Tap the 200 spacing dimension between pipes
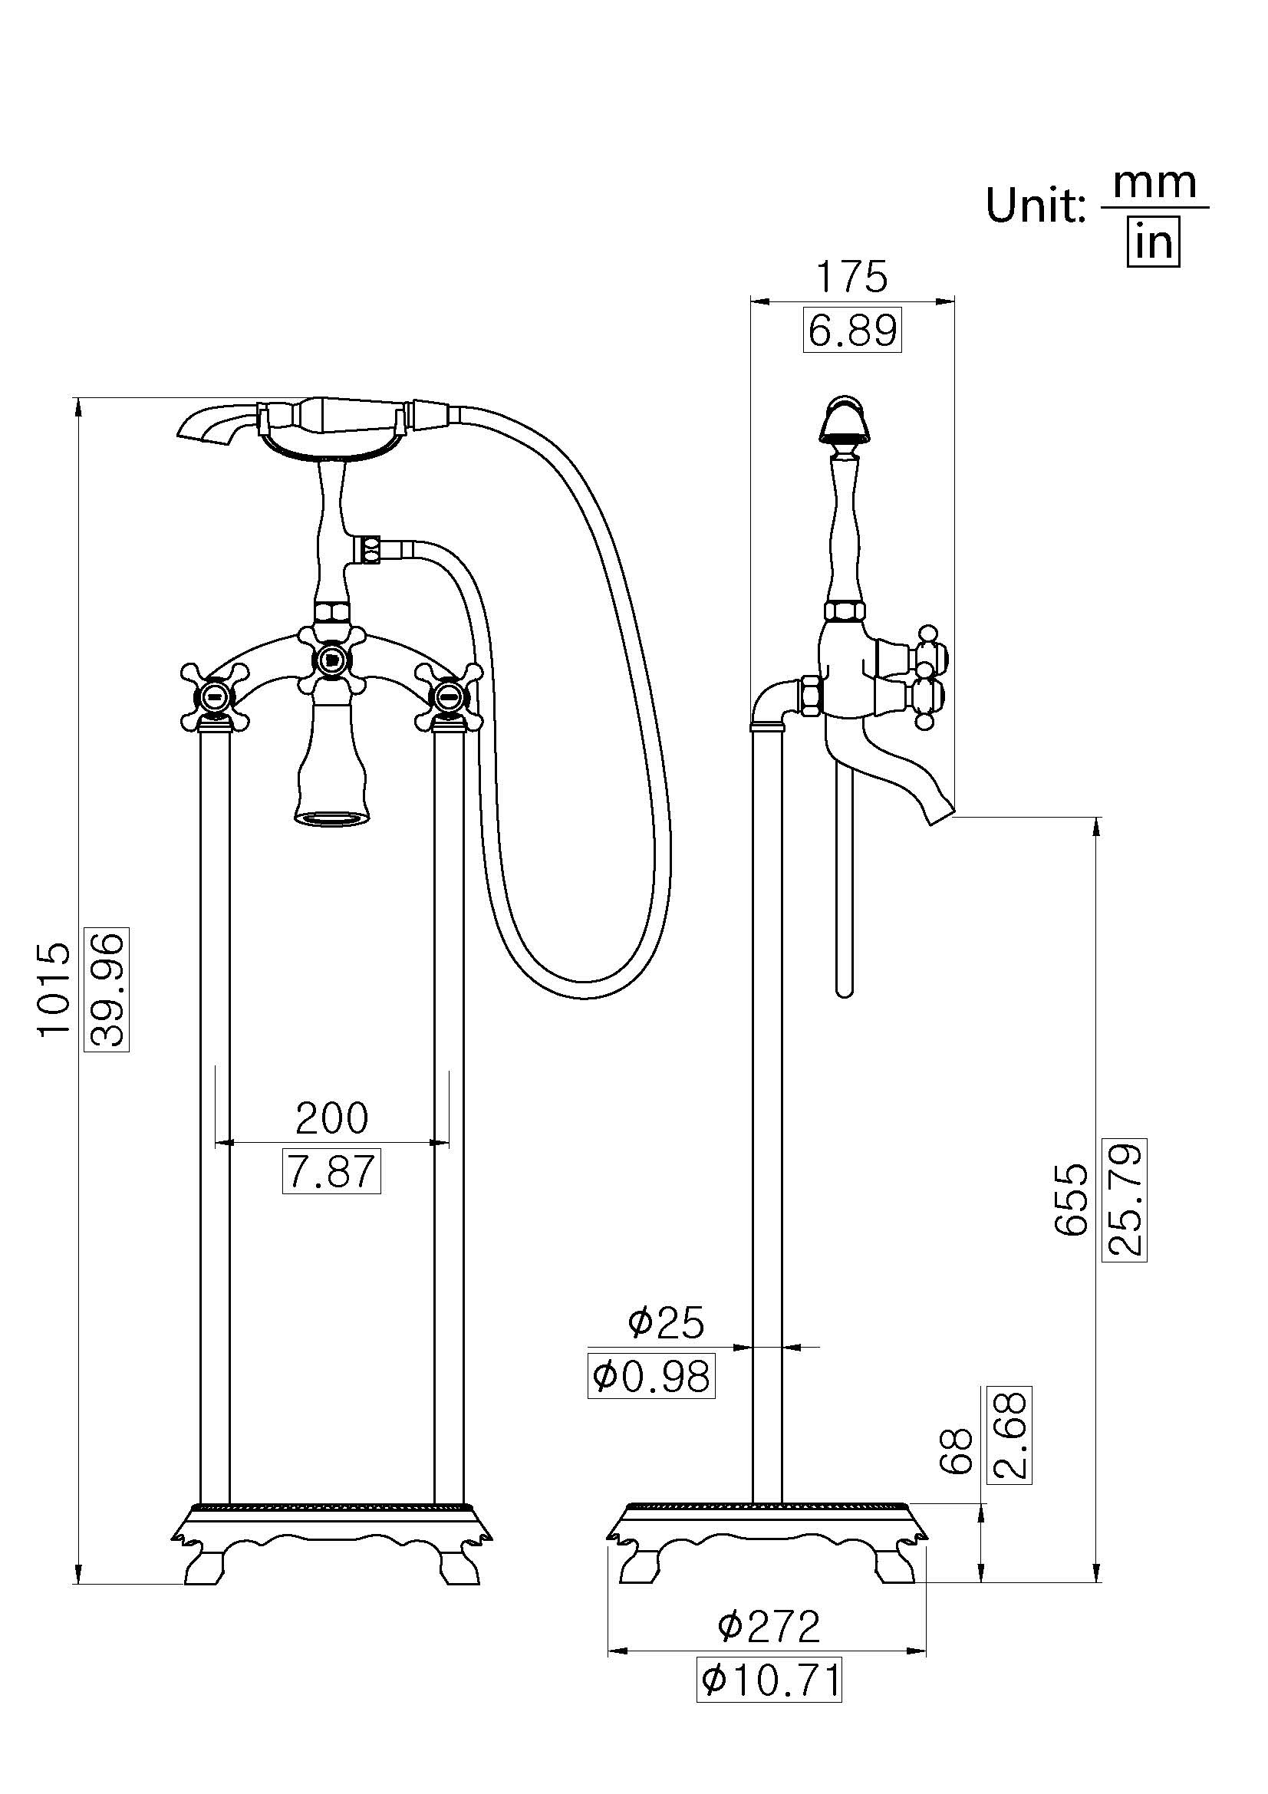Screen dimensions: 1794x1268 click(331, 1119)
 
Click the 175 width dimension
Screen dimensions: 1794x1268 click(851, 277)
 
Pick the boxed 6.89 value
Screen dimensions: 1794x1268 click(851, 331)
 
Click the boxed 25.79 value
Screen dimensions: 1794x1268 click(1125, 1200)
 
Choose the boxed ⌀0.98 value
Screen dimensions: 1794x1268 click(651, 1377)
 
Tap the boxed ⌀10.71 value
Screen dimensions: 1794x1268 click(769, 1680)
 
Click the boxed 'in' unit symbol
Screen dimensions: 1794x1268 click(1153, 243)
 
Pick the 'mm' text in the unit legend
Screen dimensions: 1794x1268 click(1154, 183)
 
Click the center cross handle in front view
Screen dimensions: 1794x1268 click(332, 660)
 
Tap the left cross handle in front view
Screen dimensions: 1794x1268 click(215, 695)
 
